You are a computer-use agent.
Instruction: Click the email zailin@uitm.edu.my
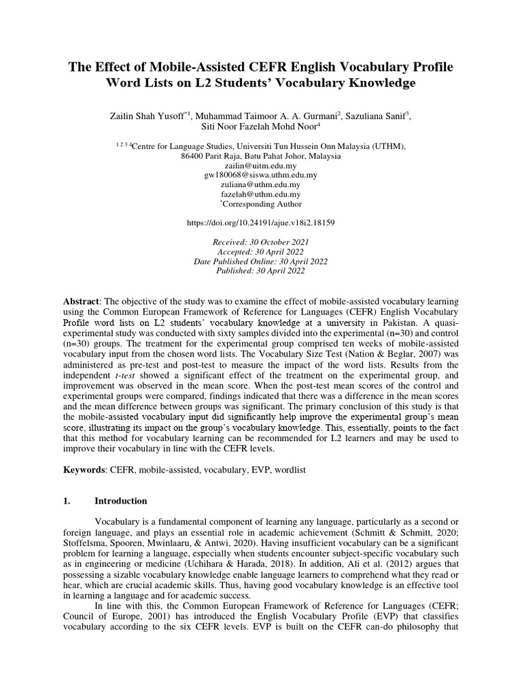261,165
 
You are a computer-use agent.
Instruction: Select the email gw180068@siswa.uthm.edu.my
261,175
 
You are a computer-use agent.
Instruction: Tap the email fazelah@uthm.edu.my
261,194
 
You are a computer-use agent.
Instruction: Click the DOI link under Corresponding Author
261,223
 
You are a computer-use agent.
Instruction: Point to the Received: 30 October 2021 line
261,242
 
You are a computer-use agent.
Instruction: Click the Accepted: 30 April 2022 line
261,252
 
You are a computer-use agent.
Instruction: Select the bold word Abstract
80,302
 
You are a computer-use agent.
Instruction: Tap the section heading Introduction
120,501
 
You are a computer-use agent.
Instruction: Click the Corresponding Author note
262,204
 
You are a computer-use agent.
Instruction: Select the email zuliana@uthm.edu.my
261,184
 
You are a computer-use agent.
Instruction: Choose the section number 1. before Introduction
67,501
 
